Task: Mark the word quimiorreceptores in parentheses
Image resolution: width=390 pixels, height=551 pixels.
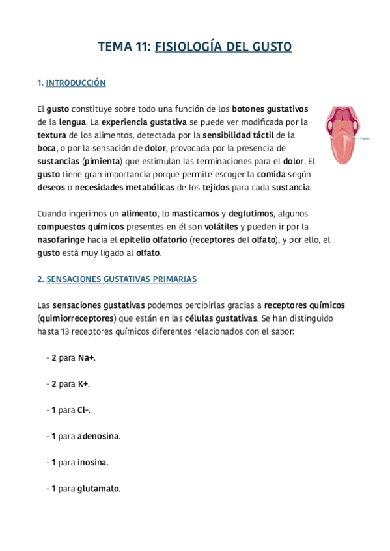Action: tap(76, 318)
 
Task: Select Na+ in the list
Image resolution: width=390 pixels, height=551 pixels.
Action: tap(87, 358)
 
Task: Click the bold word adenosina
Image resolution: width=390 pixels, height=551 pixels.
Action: tap(98, 436)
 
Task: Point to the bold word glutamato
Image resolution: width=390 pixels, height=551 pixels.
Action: tap(98, 489)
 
